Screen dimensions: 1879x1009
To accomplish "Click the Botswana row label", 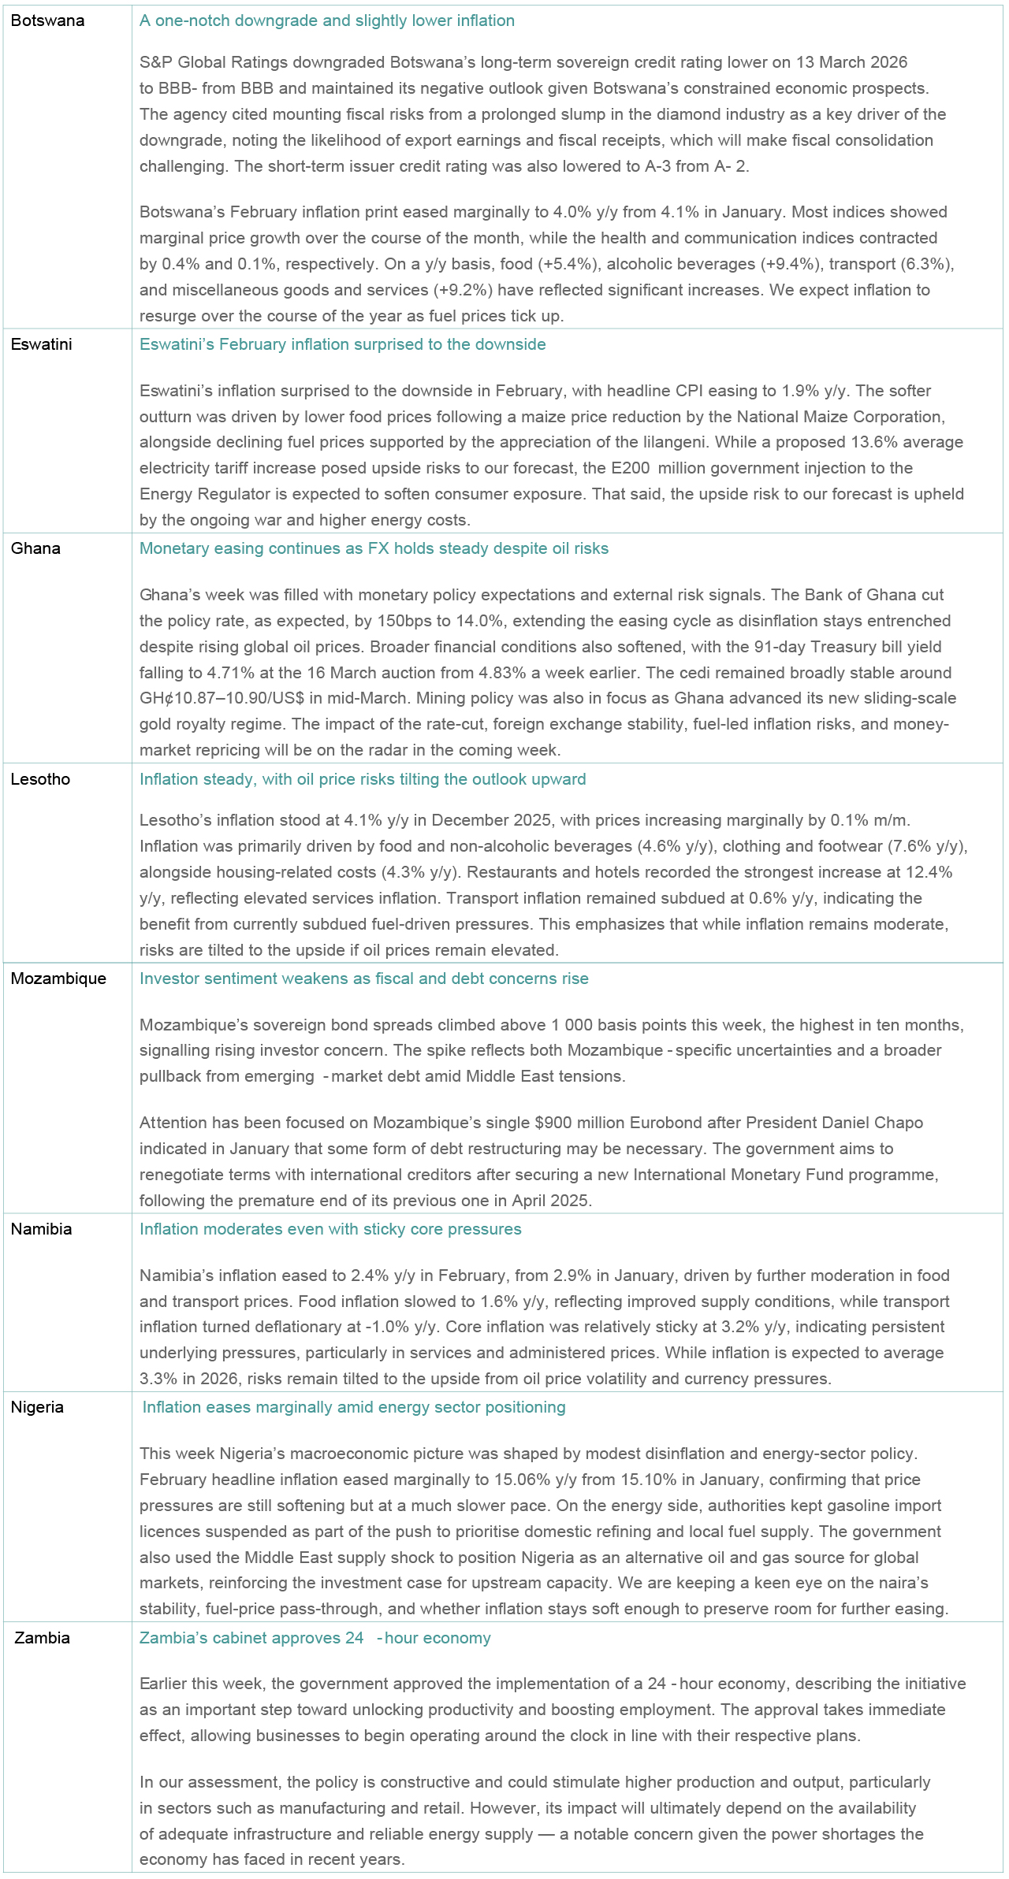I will (47, 21).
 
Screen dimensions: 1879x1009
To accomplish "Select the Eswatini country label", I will (41, 344).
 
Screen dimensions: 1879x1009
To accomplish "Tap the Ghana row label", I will (35, 548).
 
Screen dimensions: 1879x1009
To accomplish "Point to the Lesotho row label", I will (40, 779).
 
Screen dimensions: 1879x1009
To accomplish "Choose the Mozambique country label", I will (58, 978).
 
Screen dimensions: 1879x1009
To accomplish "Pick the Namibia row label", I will (41, 1229).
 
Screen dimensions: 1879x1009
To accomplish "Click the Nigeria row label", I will (37, 1407).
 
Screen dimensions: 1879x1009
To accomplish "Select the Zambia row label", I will (42, 1638).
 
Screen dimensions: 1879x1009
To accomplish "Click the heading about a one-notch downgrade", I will (326, 21).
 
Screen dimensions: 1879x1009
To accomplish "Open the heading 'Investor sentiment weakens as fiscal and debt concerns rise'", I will (363, 978).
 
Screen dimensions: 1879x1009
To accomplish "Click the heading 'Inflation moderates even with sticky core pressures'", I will (330, 1229).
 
